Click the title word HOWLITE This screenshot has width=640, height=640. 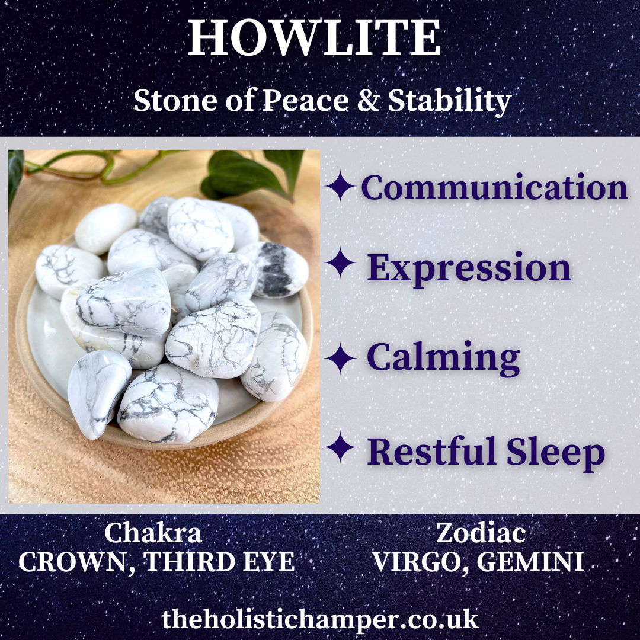tap(314, 37)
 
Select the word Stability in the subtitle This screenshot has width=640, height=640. tap(449, 101)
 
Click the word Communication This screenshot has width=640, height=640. tap(494, 187)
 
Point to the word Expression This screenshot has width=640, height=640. tap(469, 268)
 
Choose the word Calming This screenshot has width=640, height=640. tap(443, 358)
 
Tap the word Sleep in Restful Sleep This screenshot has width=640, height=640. tap(556, 452)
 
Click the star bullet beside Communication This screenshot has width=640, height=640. tap(340, 186)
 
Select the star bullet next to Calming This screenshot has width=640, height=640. tap(340, 358)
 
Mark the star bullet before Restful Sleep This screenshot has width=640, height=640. tap(340, 447)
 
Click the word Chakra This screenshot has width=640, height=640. tap(153, 533)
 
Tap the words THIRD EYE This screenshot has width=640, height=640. tap(220, 562)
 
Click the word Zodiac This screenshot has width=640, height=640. tap(481, 533)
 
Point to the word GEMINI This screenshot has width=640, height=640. tap(530, 562)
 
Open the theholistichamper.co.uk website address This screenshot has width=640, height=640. tap(320, 620)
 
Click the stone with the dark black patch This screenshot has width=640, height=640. tap(273, 270)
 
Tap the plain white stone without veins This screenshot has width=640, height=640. tap(106, 229)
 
